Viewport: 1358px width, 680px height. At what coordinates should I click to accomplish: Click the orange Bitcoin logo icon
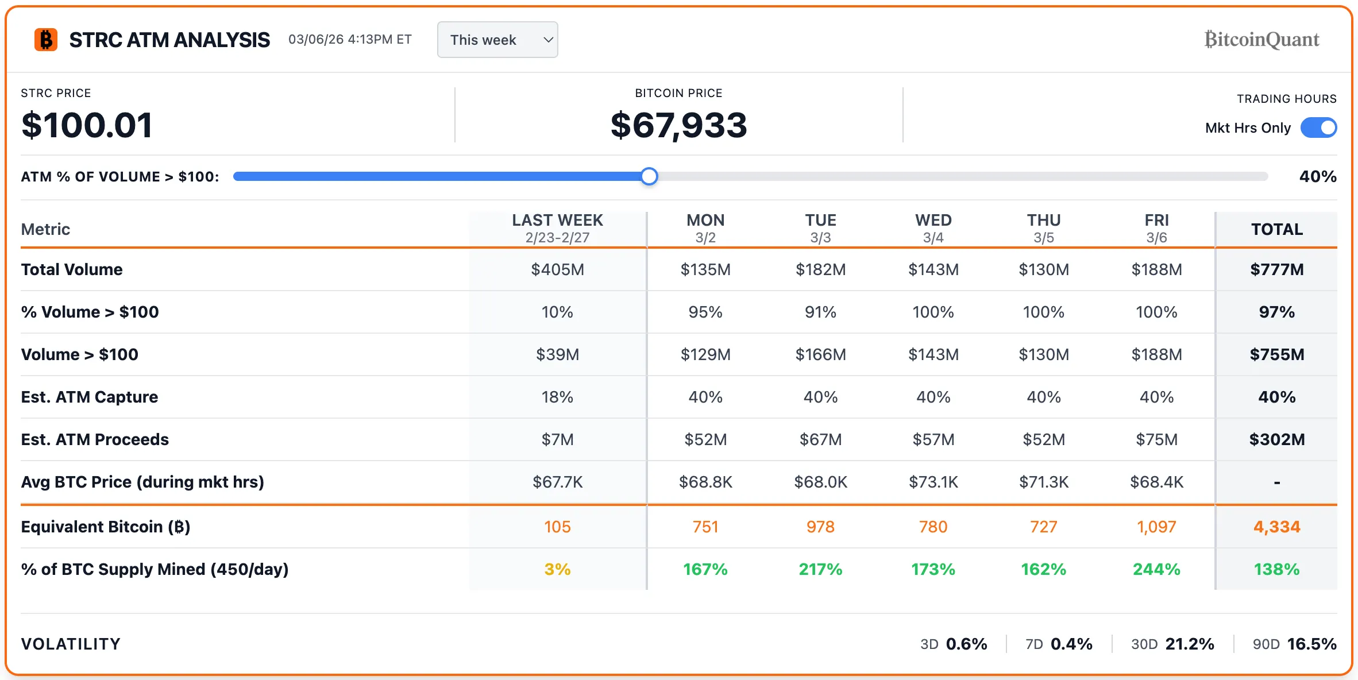(x=46, y=40)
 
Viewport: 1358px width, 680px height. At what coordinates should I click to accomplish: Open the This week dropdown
(x=497, y=40)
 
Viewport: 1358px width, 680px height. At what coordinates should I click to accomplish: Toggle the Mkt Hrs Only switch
(x=1318, y=127)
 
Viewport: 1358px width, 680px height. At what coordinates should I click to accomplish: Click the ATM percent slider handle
(x=649, y=176)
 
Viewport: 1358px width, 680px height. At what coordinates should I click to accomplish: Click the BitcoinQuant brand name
(x=1261, y=40)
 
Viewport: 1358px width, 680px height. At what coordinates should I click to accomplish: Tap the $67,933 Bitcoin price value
(x=678, y=125)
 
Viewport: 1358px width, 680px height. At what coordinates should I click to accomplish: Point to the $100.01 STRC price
(x=87, y=125)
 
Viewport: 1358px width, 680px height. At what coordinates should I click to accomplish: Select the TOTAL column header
(x=1276, y=229)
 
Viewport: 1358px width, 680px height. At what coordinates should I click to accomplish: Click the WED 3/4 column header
(x=933, y=228)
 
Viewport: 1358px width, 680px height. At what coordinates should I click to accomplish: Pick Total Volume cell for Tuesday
(x=820, y=269)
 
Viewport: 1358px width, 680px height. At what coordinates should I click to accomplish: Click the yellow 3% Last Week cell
(x=557, y=569)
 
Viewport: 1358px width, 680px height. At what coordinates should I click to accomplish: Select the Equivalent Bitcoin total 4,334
(x=1276, y=527)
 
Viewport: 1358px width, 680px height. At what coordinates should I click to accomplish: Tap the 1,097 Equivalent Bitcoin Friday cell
(x=1156, y=527)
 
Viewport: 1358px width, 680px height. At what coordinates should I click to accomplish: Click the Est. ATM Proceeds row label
(x=95, y=439)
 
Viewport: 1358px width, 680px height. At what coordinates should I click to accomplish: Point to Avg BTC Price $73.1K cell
(x=933, y=482)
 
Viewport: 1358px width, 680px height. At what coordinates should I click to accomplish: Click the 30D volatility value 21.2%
(x=1189, y=644)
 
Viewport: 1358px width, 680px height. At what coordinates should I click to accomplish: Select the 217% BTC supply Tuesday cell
(x=820, y=569)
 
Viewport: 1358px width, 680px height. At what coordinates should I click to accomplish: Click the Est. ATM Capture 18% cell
(x=557, y=397)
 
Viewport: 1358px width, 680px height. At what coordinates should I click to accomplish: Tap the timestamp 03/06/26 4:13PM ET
(x=350, y=40)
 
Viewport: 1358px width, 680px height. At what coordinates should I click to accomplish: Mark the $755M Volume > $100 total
(x=1276, y=354)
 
